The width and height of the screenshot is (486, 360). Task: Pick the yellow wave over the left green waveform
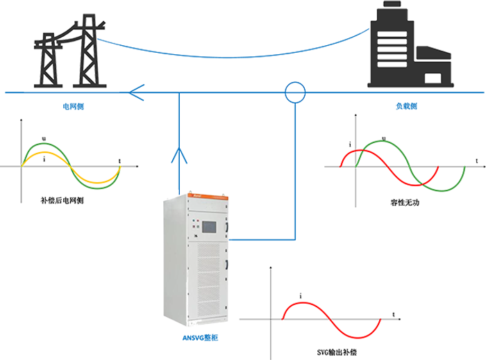(76, 167)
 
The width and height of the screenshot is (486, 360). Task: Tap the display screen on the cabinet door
(209, 227)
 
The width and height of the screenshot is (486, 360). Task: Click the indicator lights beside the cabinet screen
(224, 226)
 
